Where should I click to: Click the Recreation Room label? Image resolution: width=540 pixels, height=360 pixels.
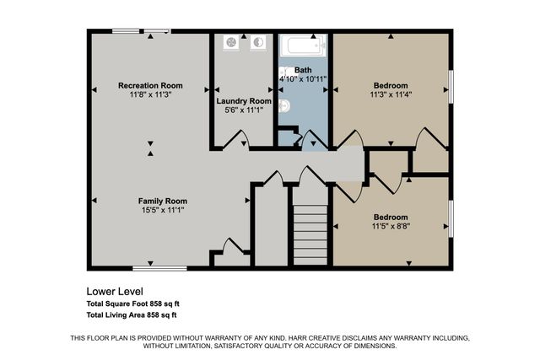[x=150, y=85]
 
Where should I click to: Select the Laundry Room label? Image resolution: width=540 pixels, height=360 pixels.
[x=243, y=101]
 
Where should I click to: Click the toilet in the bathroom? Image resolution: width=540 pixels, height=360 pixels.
[x=284, y=105]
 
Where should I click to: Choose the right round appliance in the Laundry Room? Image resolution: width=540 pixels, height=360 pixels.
[x=259, y=42]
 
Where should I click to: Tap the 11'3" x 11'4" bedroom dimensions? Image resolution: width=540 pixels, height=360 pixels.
[x=391, y=95]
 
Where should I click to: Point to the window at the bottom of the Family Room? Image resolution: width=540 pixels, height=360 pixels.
[x=159, y=268]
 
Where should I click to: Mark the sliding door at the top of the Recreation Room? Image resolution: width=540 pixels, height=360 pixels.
[x=141, y=32]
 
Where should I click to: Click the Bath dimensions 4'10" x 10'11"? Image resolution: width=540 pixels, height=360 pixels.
[x=303, y=79]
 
